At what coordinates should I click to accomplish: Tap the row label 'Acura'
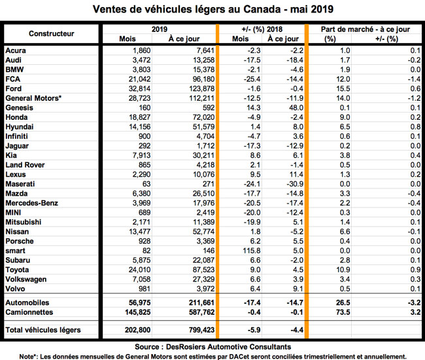point(16,50)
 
